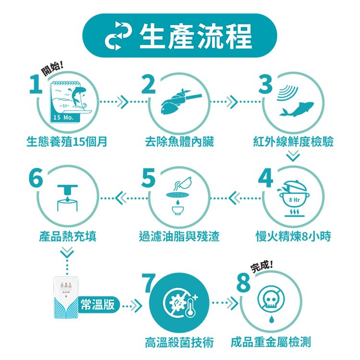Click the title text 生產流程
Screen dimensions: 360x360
(x=196, y=36)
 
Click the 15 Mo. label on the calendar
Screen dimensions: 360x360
(x=63, y=118)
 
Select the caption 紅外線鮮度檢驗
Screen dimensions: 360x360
(x=293, y=141)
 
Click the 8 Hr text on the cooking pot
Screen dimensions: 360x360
(x=294, y=200)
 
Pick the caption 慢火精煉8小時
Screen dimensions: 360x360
(x=293, y=236)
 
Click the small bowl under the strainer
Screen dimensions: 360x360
(x=178, y=210)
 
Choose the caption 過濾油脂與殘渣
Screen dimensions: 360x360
(x=180, y=236)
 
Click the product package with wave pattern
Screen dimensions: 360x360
(x=66, y=298)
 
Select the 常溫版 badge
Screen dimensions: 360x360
(x=98, y=305)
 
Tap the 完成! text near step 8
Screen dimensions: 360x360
(x=262, y=266)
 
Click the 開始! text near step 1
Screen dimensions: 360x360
(x=52, y=69)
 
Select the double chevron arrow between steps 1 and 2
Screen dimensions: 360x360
(x=122, y=102)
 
